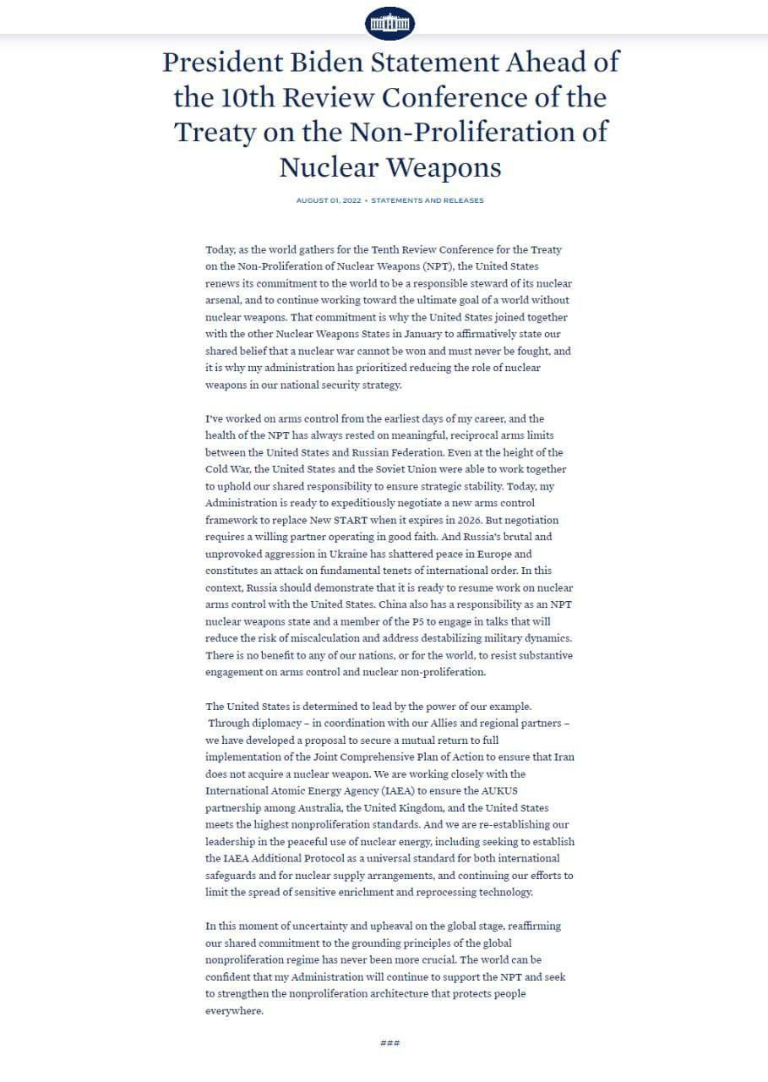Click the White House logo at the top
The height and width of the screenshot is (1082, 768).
tap(389, 24)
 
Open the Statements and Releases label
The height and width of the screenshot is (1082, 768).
tap(428, 200)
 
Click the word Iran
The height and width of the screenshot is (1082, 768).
tap(564, 757)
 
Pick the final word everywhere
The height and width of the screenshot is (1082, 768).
tap(234, 1010)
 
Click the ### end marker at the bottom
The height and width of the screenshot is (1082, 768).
tap(389, 1042)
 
